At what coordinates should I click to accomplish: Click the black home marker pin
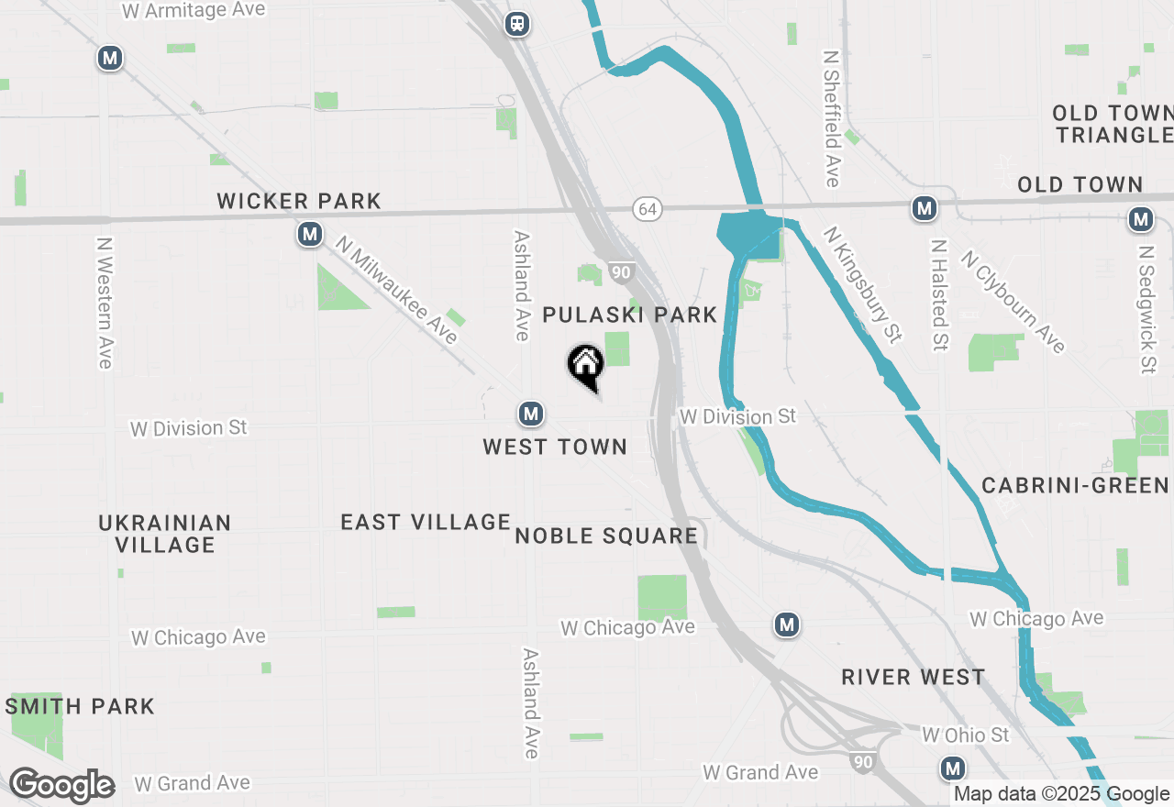(x=585, y=365)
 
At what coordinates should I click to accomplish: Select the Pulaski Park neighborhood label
(x=629, y=315)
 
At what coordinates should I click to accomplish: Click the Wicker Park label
(x=299, y=201)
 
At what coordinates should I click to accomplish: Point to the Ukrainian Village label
(x=165, y=533)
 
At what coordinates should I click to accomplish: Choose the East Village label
(x=426, y=522)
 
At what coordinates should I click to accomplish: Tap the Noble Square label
(x=606, y=536)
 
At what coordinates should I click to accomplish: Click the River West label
(x=914, y=677)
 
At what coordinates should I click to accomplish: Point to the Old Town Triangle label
(x=1112, y=124)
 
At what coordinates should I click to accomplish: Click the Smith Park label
(x=80, y=706)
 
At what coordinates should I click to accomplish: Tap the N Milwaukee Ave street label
(x=396, y=290)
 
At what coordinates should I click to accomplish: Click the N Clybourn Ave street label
(x=1013, y=301)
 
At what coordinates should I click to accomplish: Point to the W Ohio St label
(x=965, y=735)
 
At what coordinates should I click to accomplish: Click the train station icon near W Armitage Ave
(x=518, y=24)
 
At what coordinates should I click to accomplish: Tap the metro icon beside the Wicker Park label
(x=310, y=235)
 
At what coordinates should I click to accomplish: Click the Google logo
(x=61, y=786)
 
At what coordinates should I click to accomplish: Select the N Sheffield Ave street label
(x=832, y=117)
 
